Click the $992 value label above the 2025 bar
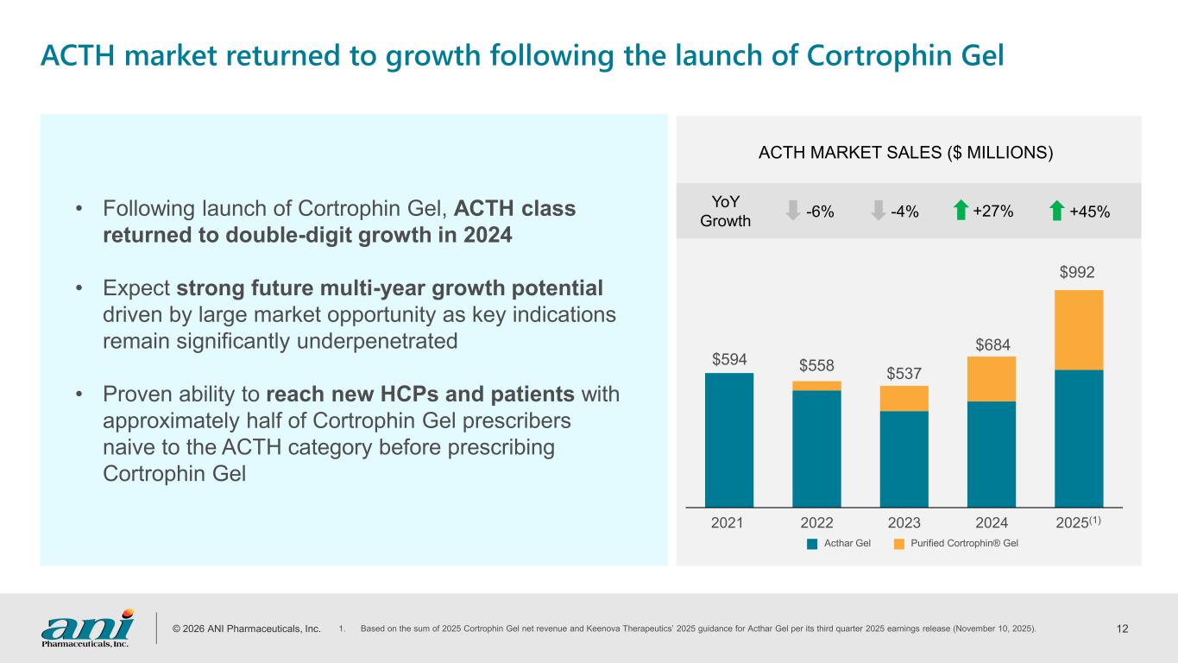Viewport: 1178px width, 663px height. [x=1078, y=273]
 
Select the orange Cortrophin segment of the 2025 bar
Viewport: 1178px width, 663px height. [x=1079, y=330]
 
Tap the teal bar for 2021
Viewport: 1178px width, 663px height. [x=729, y=439]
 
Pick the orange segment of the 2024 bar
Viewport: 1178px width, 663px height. [x=992, y=379]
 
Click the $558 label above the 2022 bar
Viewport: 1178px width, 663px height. [x=816, y=364]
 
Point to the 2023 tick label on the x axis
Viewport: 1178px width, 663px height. [x=904, y=522]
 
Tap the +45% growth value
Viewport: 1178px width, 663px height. [x=1089, y=212]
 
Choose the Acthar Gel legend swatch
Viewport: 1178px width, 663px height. [x=812, y=544]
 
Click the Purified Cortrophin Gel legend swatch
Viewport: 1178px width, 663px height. [x=899, y=544]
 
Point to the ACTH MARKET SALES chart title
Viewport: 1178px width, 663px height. [x=905, y=154]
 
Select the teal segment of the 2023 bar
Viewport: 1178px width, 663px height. [x=904, y=458]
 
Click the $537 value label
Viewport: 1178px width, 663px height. [x=904, y=373]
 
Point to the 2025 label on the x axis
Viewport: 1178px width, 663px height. [x=1073, y=522]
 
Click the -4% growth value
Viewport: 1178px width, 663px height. [x=905, y=212]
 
